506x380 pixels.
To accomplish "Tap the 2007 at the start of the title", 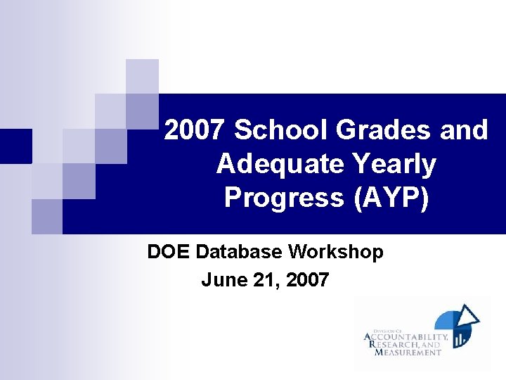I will pos(195,130).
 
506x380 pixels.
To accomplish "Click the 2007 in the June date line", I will pos(306,280).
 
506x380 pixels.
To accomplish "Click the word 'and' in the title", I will pos(463,130).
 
